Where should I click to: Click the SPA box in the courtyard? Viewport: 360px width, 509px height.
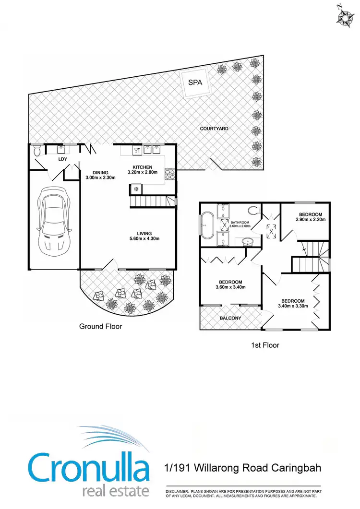195,83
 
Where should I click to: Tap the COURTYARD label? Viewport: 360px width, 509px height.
214,129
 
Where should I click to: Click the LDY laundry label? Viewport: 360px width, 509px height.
62,158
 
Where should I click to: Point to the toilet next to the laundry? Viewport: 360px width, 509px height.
38,152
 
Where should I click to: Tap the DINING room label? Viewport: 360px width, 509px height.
101,173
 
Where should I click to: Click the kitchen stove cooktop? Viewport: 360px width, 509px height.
170,174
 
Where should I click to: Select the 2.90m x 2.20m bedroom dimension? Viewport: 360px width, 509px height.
311,219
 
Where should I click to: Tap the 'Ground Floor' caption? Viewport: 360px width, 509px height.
100,326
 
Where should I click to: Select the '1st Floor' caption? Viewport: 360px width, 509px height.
265,345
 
